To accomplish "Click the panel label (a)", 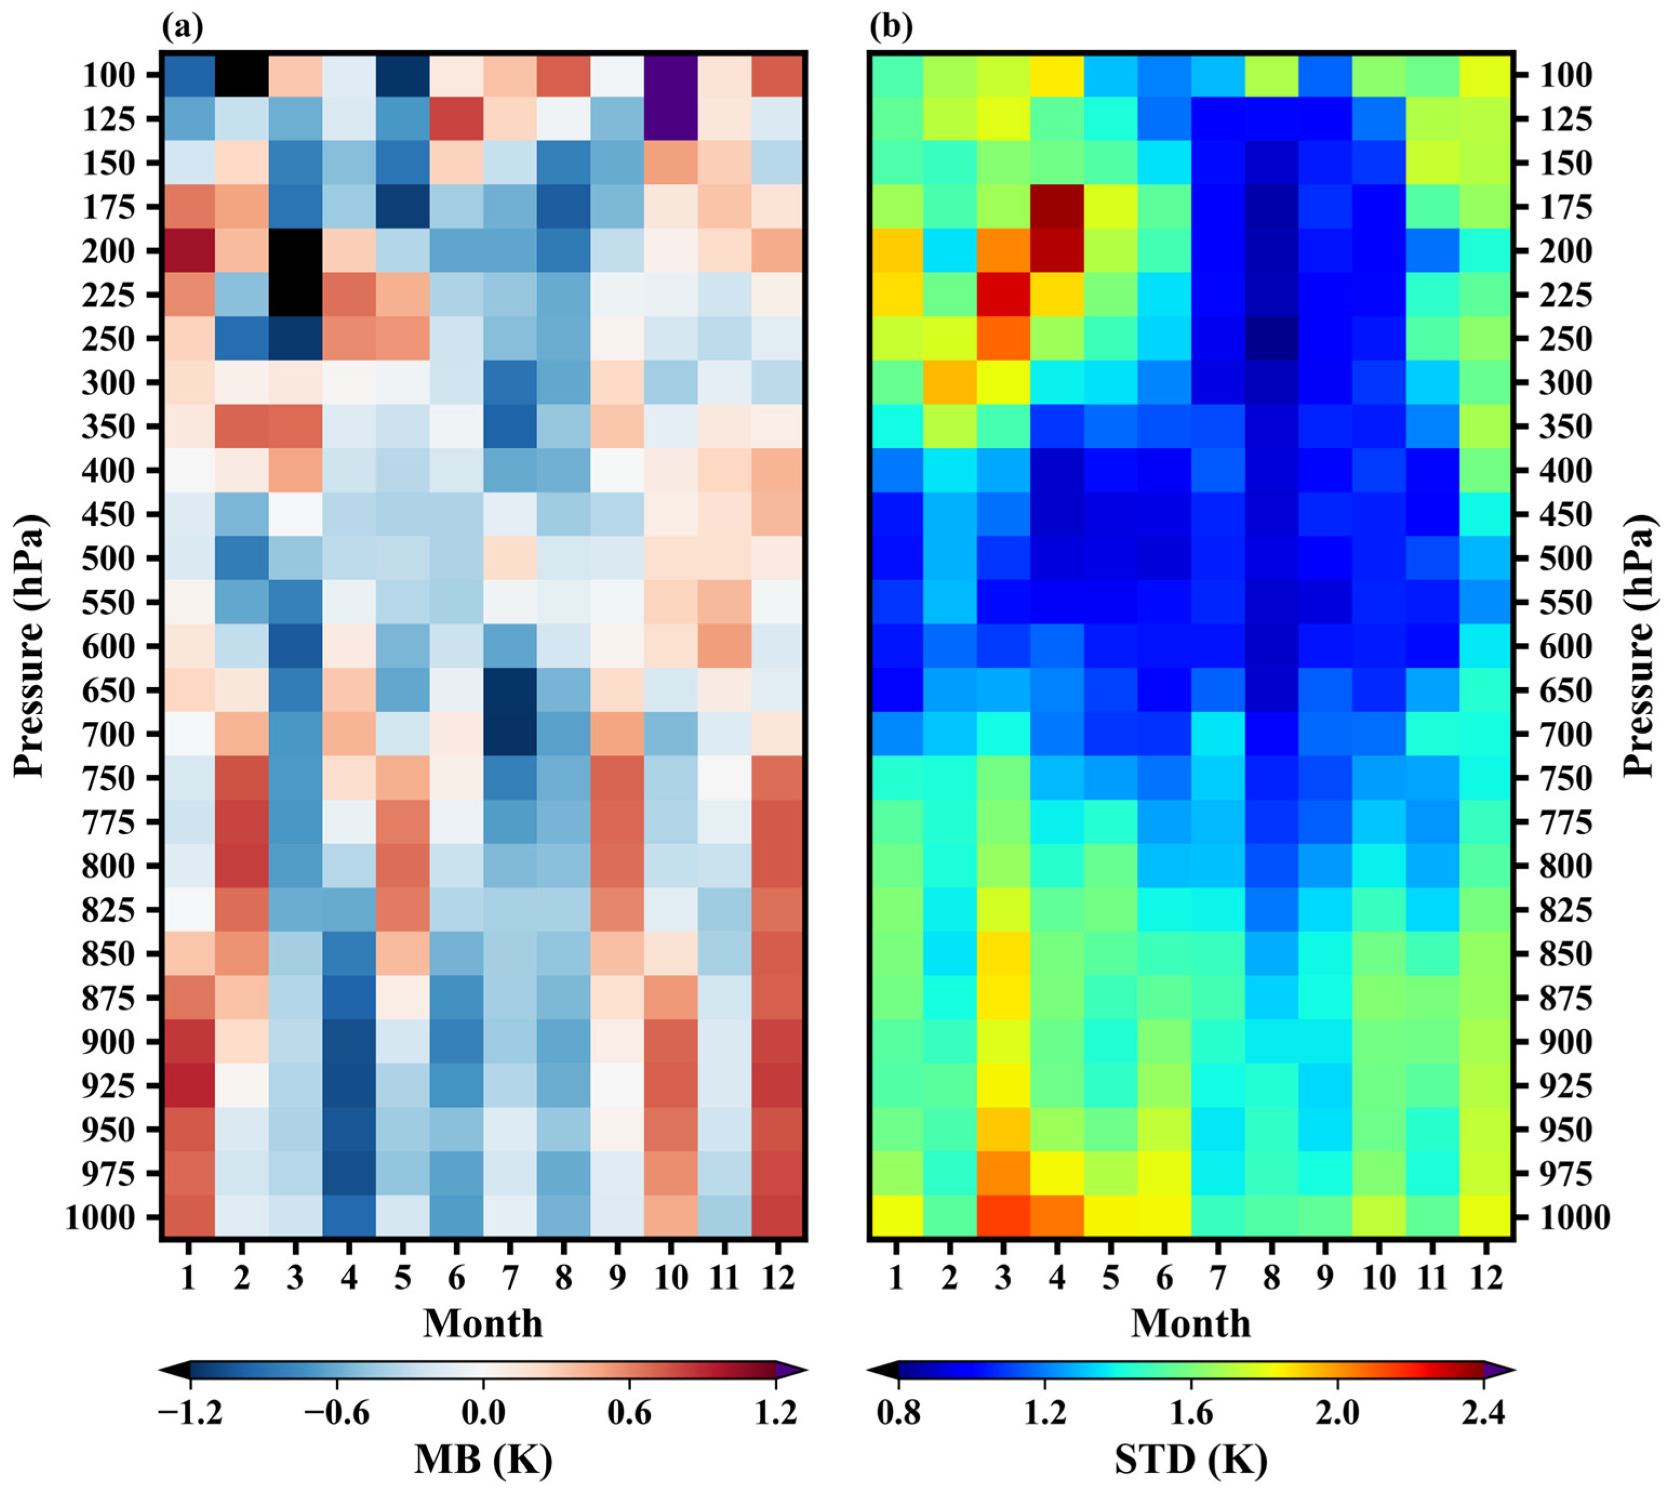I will pos(182,28).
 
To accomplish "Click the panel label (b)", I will pos(890,28).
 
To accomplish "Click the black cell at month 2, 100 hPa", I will pos(241,75).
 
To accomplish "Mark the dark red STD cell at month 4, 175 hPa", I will pos(1057,207).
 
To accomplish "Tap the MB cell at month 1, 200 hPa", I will pos(188,251).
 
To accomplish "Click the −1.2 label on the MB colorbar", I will pos(190,1413).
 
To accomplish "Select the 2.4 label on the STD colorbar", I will pos(1483,1413).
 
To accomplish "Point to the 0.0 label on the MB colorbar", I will pos(483,1413).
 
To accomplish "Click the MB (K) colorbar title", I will pos(483,1460).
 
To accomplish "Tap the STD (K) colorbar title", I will pos(1191,1460).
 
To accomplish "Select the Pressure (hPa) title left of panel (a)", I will pos(29,646).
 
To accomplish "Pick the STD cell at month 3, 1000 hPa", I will pos(1004,1218).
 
